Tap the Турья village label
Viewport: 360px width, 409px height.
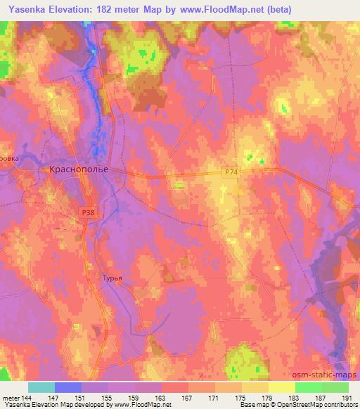[112, 278]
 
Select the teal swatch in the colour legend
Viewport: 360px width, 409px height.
[41, 387]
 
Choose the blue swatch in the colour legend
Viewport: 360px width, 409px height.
[68, 387]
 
